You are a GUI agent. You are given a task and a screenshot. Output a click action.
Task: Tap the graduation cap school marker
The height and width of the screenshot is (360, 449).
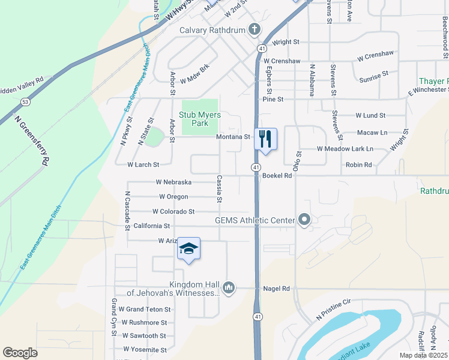coord(188,249)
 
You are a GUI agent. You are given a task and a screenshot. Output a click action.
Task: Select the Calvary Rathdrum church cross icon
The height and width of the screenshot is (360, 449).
coord(254,29)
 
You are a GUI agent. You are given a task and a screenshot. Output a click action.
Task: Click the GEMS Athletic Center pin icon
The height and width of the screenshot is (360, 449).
coord(304,220)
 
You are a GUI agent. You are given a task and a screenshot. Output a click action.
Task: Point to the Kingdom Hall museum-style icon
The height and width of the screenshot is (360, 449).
coord(228,289)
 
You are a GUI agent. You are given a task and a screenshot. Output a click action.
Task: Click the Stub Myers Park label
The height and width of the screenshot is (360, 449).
coord(200,119)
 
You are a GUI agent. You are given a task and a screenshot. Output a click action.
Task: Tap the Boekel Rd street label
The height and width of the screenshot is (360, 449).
coord(277,176)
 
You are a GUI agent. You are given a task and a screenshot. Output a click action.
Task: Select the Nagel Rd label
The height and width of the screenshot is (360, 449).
coord(276,289)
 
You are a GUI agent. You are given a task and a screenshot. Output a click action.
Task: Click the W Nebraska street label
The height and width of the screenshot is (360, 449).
coord(173,182)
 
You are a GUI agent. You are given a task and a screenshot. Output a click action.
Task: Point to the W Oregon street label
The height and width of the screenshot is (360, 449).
coord(173,197)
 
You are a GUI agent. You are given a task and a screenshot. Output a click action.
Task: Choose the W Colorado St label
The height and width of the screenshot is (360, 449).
coord(173,211)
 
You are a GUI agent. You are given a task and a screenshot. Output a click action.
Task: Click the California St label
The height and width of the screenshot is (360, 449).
coord(152,226)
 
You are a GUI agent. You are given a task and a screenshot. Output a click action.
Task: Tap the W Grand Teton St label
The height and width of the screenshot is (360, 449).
coord(145,309)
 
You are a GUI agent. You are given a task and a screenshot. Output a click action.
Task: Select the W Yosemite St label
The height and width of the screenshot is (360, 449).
coord(145,349)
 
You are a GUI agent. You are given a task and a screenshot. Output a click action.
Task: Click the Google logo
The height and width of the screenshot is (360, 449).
coord(20,353)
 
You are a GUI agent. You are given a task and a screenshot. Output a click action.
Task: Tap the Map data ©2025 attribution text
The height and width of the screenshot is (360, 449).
coord(423,355)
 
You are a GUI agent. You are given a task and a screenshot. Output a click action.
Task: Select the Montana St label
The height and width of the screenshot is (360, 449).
coord(233,137)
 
